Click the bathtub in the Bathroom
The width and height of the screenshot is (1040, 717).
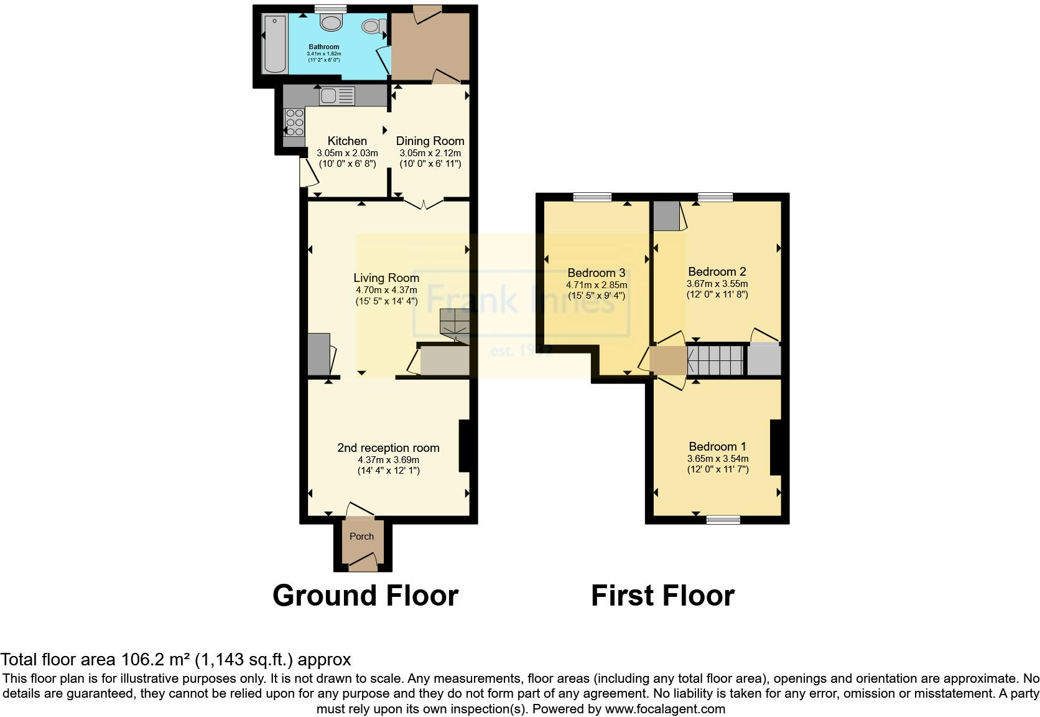pyautogui.click(x=274, y=44)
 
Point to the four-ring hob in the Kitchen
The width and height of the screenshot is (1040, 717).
pyautogui.click(x=294, y=123)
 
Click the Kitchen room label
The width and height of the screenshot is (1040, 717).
pyautogui.click(x=347, y=141)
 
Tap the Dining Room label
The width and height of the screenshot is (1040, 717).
pyautogui.click(x=430, y=141)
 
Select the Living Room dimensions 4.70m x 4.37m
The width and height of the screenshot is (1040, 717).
pyautogui.click(x=386, y=290)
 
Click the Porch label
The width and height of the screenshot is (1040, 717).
pyautogui.click(x=361, y=537)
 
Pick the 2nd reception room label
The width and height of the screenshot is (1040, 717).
pyautogui.click(x=388, y=448)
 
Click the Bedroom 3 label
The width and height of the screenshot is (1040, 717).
pyautogui.click(x=596, y=273)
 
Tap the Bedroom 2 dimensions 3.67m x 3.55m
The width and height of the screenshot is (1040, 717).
pyautogui.click(x=717, y=284)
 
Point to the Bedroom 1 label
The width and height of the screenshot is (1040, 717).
pyautogui.click(x=717, y=447)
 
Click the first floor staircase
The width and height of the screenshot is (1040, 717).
pyautogui.click(x=715, y=360)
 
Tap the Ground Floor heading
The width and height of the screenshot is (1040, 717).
pyautogui.click(x=365, y=596)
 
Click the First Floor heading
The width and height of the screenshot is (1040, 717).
pyautogui.click(x=662, y=596)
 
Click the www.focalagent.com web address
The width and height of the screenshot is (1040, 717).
pyautogui.click(x=664, y=708)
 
